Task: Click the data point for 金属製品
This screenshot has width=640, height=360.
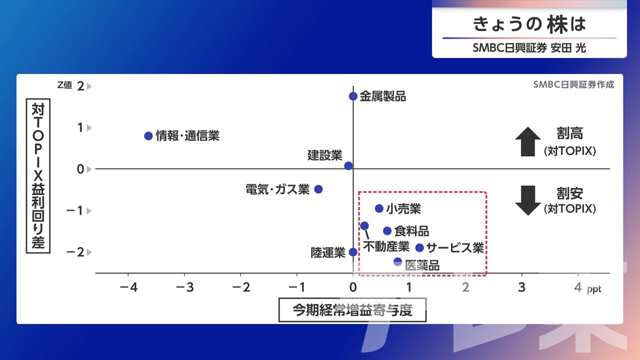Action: click(x=353, y=96)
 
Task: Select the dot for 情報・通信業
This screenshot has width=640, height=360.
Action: click(x=148, y=136)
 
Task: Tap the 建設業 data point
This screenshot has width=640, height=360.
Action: click(x=348, y=165)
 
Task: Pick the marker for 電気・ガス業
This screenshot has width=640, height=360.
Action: click(x=318, y=189)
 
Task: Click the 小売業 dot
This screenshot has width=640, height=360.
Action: click(x=379, y=208)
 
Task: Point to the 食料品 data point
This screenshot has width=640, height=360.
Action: click(x=387, y=231)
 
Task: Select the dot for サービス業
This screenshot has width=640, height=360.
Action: click(x=419, y=247)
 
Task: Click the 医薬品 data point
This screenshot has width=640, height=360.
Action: click(x=397, y=261)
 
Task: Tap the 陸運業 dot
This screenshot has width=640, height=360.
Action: click(x=353, y=252)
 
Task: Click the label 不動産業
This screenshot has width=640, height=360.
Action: click(x=386, y=246)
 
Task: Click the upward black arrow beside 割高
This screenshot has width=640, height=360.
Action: click(x=528, y=141)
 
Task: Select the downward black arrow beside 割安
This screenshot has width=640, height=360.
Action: click(x=528, y=200)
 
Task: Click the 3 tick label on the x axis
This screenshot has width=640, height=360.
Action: click(x=521, y=287)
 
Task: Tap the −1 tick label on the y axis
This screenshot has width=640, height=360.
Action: click(x=74, y=211)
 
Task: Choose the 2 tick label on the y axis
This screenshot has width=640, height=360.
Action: click(x=80, y=86)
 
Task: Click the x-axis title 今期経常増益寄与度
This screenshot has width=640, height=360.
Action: click(x=352, y=310)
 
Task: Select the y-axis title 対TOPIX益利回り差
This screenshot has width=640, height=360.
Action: click(x=38, y=175)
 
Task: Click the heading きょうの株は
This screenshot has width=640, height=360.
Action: click(x=529, y=24)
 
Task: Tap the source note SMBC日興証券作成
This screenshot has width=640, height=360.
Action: click(x=573, y=84)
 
